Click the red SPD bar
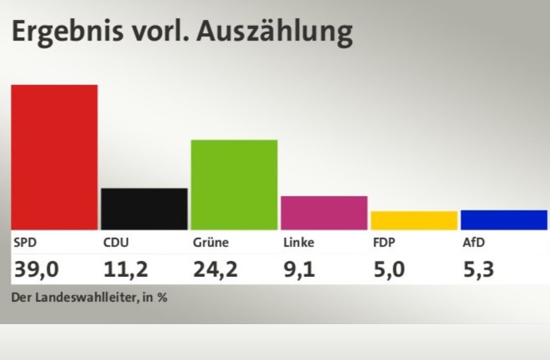coord(54,157)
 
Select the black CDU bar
coord(144,209)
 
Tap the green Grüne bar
coord(234,185)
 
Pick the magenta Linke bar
coord(324,213)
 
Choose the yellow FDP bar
coord(414,220)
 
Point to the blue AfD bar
coord(504,220)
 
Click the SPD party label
coord(25,242)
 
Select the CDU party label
coord(116,242)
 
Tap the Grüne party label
coord(211,242)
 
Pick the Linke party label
coord(298,242)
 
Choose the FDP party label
coord(384,242)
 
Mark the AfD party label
coord(474,242)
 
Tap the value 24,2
coord(215,269)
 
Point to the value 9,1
coord(298,269)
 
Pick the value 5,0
coord(388,269)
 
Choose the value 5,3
coord(478,269)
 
